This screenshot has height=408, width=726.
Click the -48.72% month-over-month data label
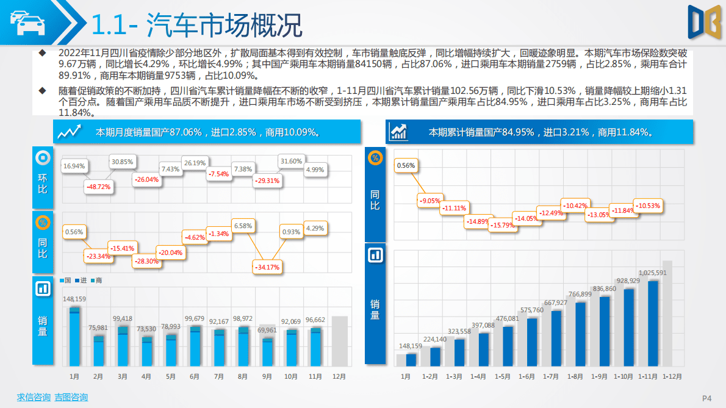pyautogui.click(x=99, y=187)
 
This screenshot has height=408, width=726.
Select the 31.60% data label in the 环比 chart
pyautogui.click(x=290, y=161)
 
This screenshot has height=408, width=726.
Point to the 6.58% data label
pyautogui.click(x=243, y=226)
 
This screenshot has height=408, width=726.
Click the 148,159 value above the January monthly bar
pyautogui.click(x=74, y=299)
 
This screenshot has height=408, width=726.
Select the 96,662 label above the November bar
pyautogui.click(x=315, y=320)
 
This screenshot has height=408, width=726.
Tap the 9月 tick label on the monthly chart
pyautogui.click(x=267, y=377)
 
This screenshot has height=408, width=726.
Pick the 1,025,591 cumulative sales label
pyautogui.click(x=652, y=273)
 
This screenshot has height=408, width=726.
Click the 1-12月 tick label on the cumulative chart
pyautogui.click(x=672, y=377)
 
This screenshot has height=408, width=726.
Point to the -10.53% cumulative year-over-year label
pyautogui.click(x=648, y=206)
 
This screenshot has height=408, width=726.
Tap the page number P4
pyautogui.click(x=707, y=398)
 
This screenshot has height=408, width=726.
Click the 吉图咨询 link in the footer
pyautogui.click(x=71, y=398)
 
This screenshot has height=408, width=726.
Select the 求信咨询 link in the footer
pyautogui.click(x=34, y=398)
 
